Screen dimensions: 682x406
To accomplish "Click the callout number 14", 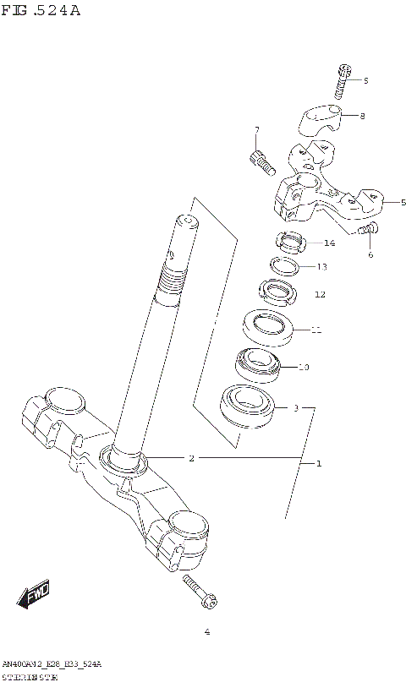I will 329,243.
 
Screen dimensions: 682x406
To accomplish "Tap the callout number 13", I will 322,267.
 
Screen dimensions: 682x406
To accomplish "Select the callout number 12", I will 320,295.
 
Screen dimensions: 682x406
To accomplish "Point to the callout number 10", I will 304,368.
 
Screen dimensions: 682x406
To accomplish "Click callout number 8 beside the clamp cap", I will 362,116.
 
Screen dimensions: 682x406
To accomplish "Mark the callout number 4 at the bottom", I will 206,632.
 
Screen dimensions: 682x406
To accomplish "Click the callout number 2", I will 192,458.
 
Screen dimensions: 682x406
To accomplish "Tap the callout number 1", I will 319,463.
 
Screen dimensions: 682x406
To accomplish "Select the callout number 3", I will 296,408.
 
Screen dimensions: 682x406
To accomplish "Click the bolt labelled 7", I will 261,162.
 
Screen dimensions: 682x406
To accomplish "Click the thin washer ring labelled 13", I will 286,266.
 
